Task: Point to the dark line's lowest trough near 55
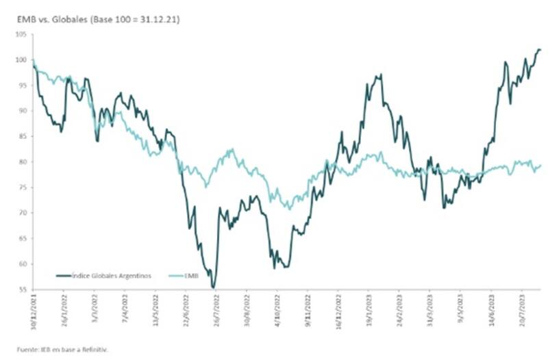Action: [x=214, y=287]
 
